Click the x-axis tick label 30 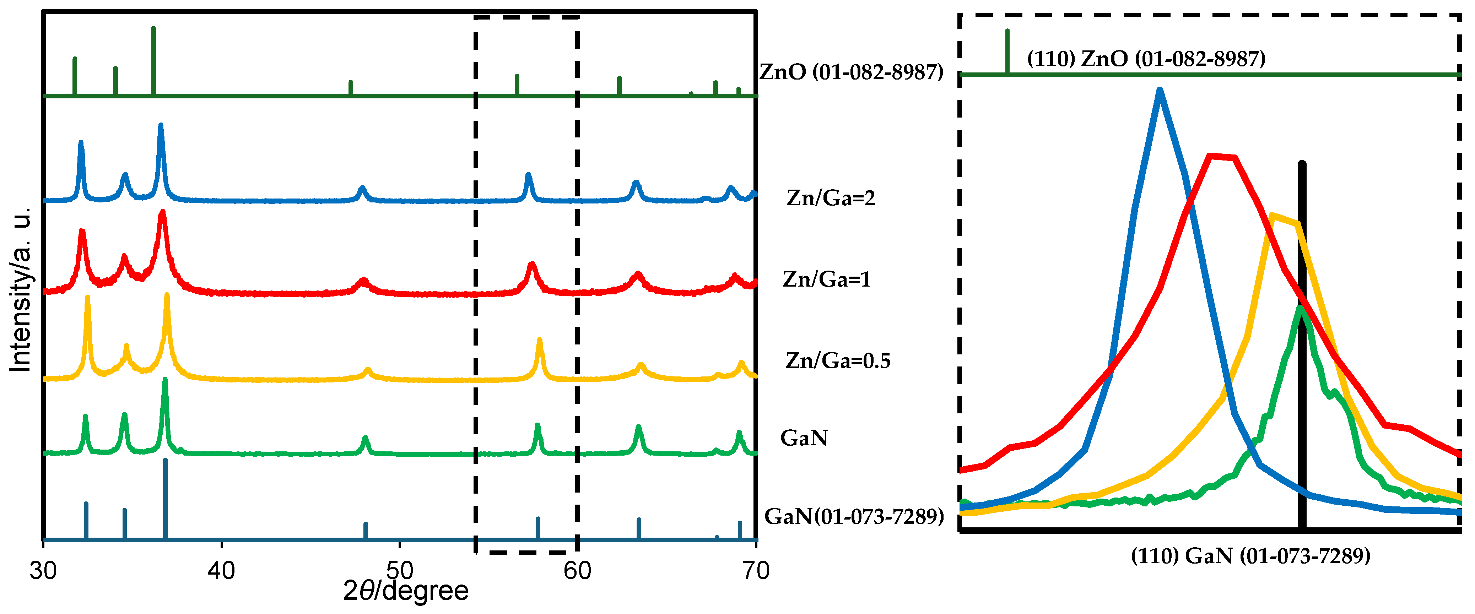click(43, 571)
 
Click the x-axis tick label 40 click(221, 571)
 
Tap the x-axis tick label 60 click(577, 571)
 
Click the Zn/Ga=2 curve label click(831, 198)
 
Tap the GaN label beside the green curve click(804, 438)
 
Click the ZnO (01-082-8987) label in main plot click(852, 72)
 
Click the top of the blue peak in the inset click(1160, 91)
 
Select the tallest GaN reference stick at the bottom click(166, 498)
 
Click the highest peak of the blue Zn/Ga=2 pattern click(160, 126)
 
